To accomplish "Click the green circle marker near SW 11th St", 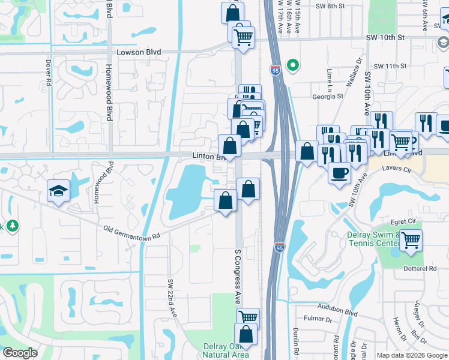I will click(x=293, y=65).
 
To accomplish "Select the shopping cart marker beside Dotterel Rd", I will click(x=411, y=240).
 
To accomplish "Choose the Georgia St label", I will click(x=327, y=96).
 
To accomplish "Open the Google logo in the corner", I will click(x=20, y=352).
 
